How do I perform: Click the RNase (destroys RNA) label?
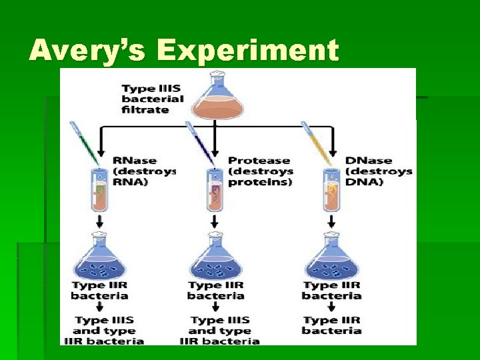[143, 171]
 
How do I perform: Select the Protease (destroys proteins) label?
[259, 171]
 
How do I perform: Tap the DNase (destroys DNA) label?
[378, 171]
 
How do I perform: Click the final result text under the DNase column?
[331, 325]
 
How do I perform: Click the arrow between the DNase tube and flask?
[331, 221]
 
